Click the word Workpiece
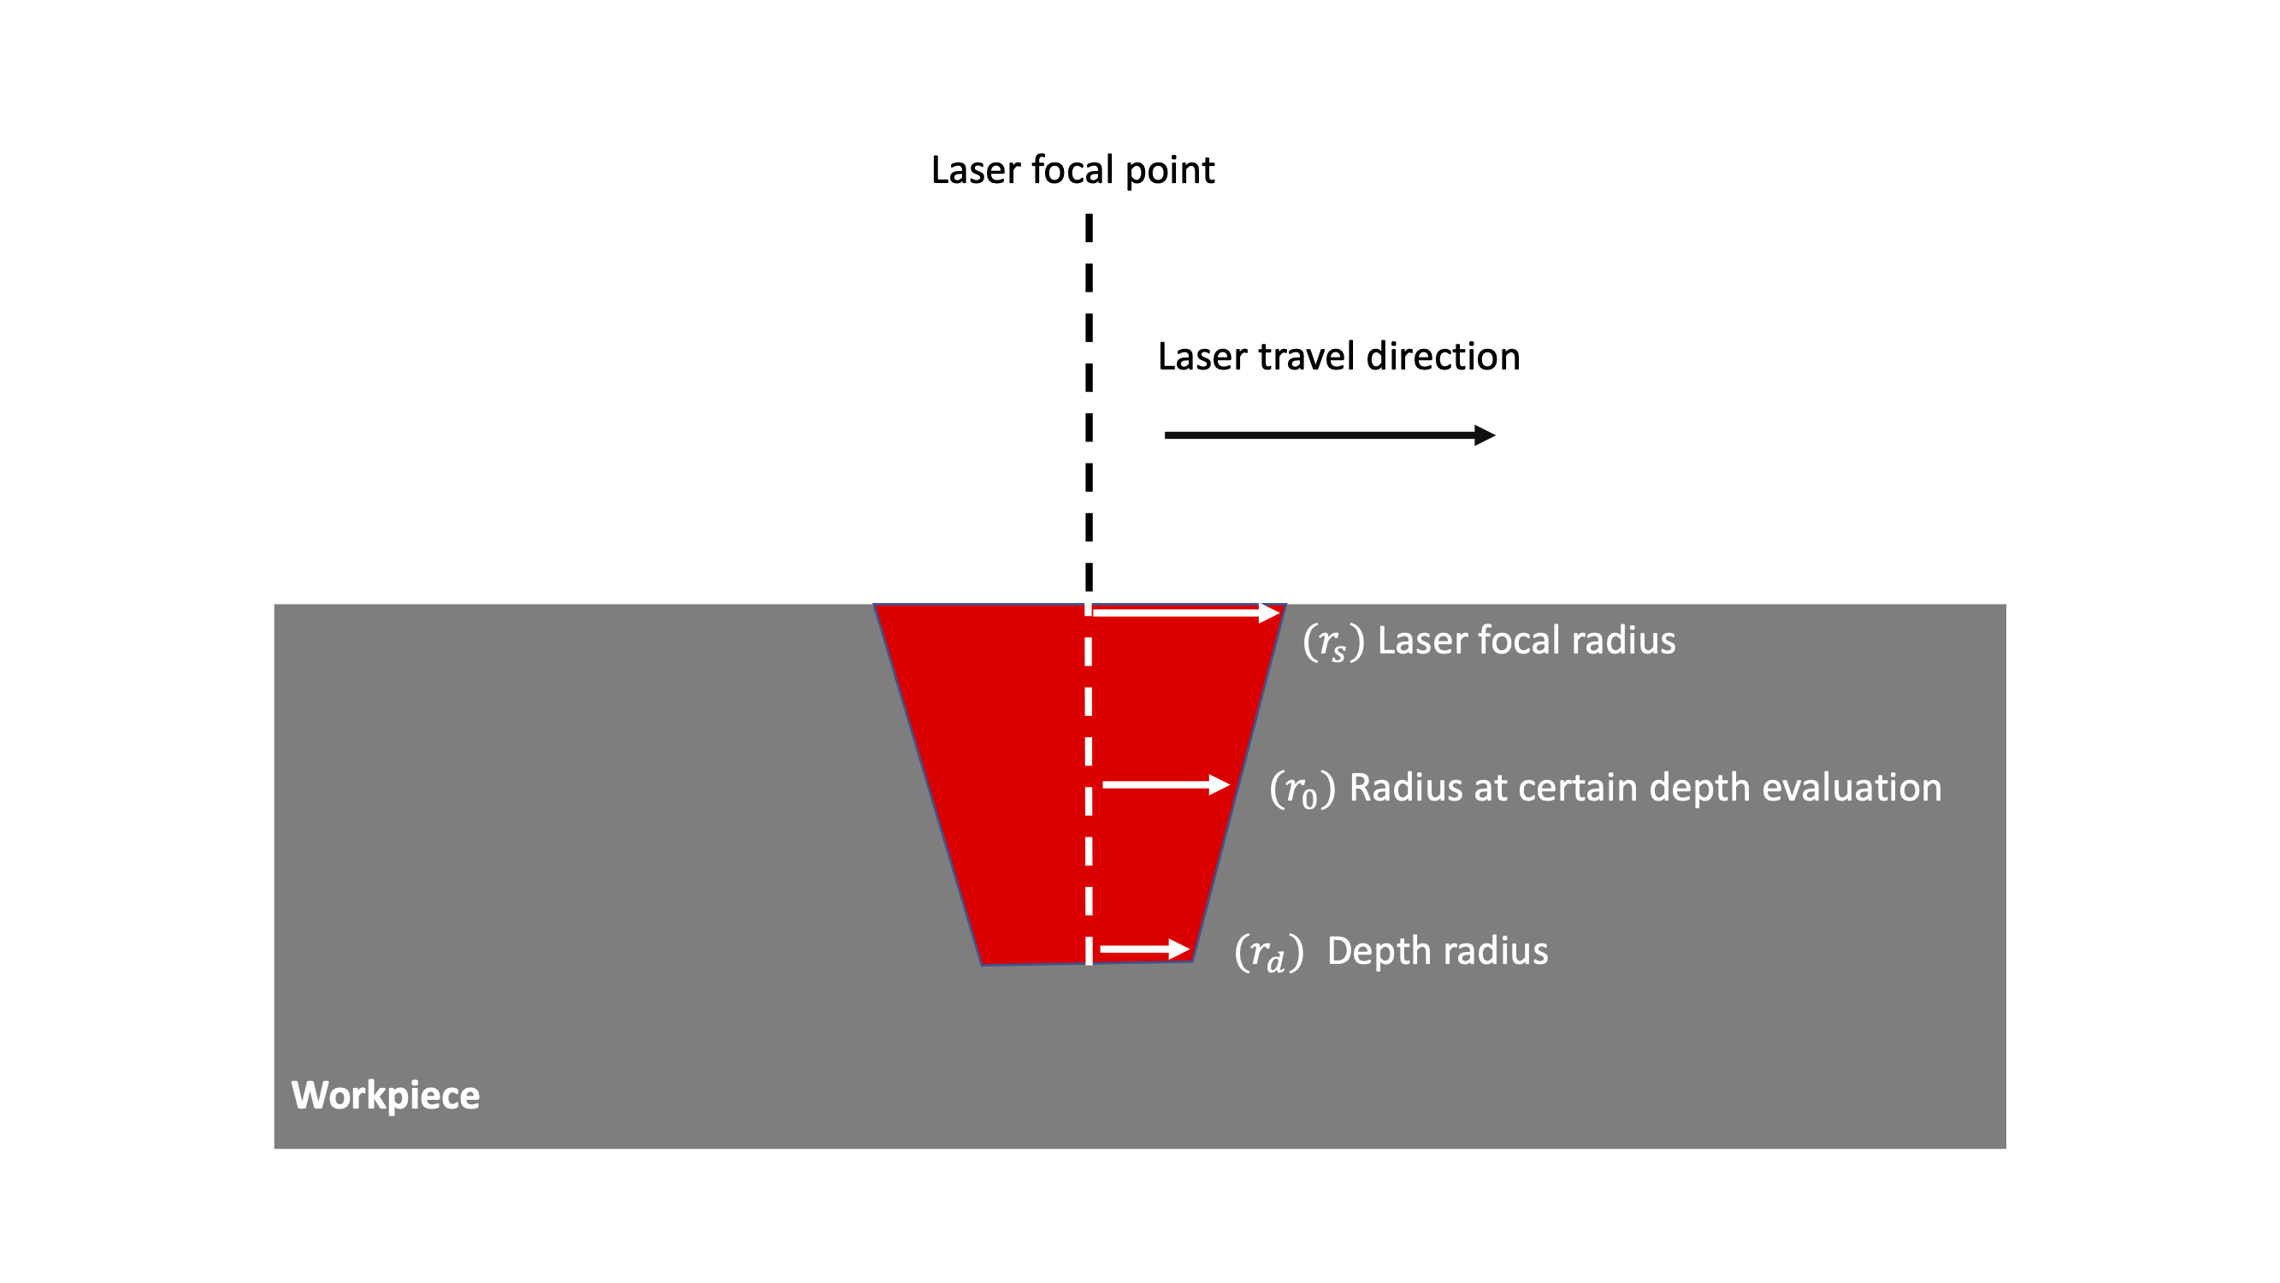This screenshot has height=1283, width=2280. coord(385,1096)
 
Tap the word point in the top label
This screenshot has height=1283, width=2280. coord(1169,171)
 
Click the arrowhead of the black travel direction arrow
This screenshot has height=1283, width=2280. coord(1486,435)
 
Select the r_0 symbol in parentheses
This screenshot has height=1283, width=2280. coord(1302,789)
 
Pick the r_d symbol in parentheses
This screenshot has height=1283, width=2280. coord(1268,953)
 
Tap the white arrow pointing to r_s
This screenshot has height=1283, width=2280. coord(1186,612)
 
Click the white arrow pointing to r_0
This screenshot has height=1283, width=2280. coord(1165,784)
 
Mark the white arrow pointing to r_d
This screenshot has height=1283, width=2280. coord(1143,949)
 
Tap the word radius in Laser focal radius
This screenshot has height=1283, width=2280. coord(1633,640)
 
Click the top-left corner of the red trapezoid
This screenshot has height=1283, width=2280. coord(875,605)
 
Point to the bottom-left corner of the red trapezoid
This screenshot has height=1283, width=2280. coord(982,964)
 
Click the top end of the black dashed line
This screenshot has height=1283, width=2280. coord(1089,217)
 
